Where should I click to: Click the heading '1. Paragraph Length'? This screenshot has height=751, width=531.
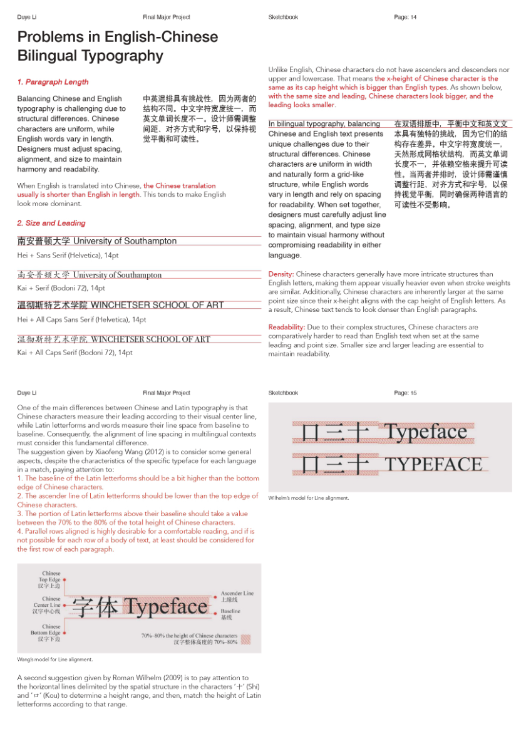click(53, 82)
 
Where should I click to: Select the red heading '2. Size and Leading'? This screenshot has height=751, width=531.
click(51, 223)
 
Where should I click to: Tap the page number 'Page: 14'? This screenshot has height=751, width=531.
click(405, 17)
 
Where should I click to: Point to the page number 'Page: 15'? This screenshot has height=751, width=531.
click(405, 393)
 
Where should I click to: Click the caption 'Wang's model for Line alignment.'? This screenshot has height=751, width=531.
click(55, 659)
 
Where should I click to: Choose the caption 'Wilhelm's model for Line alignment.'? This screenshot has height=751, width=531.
click(308, 498)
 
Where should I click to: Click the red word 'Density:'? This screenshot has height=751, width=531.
click(281, 274)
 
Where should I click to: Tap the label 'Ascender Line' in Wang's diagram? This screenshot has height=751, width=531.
click(237, 593)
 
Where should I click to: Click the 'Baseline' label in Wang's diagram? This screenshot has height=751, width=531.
click(230, 611)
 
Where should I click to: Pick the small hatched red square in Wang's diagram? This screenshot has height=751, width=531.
click(246, 640)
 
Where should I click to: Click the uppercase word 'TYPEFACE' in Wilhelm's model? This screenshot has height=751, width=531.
click(433, 464)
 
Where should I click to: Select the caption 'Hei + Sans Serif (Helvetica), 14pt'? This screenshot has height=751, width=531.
click(68, 256)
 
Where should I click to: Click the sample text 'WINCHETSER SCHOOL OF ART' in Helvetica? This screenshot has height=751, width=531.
click(157, 305)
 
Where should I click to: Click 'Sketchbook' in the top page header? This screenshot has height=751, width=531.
click(283, 17)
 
